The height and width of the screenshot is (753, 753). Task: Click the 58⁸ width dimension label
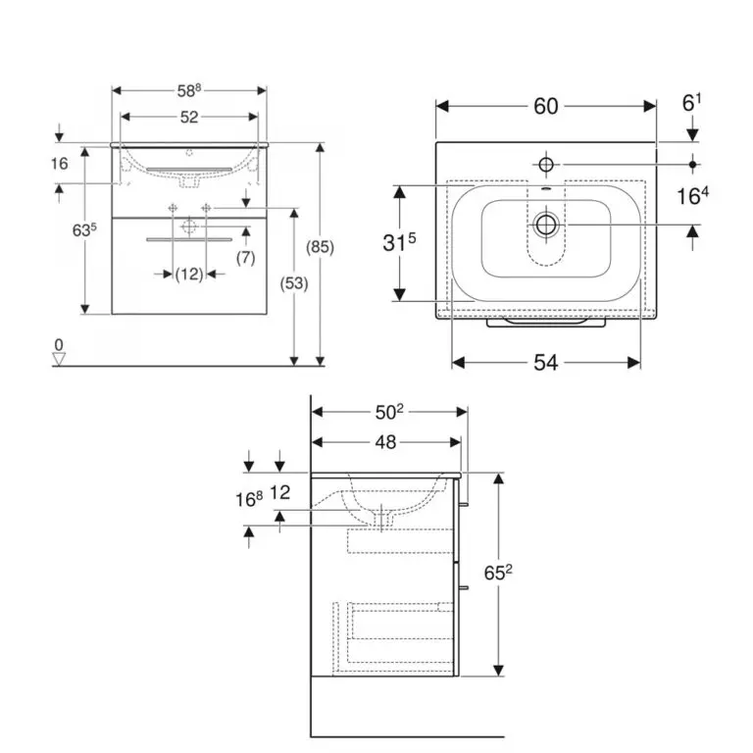point(188,90)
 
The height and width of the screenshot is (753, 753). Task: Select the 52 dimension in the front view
point(189,117)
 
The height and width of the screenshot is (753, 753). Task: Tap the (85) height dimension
point(320,247)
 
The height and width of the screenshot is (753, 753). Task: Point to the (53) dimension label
point(294,283)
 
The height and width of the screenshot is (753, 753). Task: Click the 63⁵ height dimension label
point(84,230)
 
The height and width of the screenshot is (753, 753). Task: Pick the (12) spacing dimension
point(188,275)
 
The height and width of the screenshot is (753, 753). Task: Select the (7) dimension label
point(245,258)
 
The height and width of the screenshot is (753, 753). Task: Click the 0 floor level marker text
point(59,345)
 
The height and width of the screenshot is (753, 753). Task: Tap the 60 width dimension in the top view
point(545,106)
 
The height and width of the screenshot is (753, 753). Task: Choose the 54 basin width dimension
point(545,363)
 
